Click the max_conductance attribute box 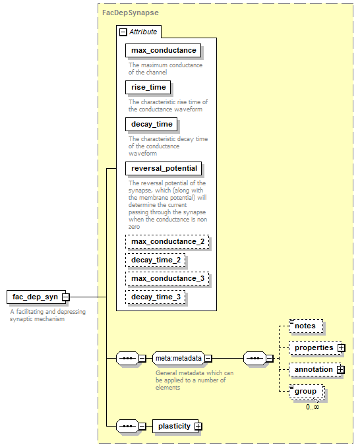click(x=163, y=51)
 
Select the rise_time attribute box click(x=148, y=87)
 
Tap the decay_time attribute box click(x=152, y=125)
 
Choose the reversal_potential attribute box click(x=164, y=169)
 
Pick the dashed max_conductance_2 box click(x=167, y=242)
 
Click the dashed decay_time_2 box click(x=156, y=260)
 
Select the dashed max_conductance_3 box click(x=167, y=278)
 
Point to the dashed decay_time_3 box click(x=156, y=297)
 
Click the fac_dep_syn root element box click(x=36, y=297)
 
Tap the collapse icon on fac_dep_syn click(x=66, y=297)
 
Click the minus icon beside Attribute click(x=123, y=32)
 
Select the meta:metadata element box click(x=179, y=359)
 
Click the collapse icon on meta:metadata click(x=208, y=359)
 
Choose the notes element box click(x=306, y=326)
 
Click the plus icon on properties click(x=341, y=348)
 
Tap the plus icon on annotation click(x=341, y=369)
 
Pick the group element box click(x=307, y=392)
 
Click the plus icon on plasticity click(x=198, y=426)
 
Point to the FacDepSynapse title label click(x=131, y=13)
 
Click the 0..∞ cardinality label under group click(x=313, y=407)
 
